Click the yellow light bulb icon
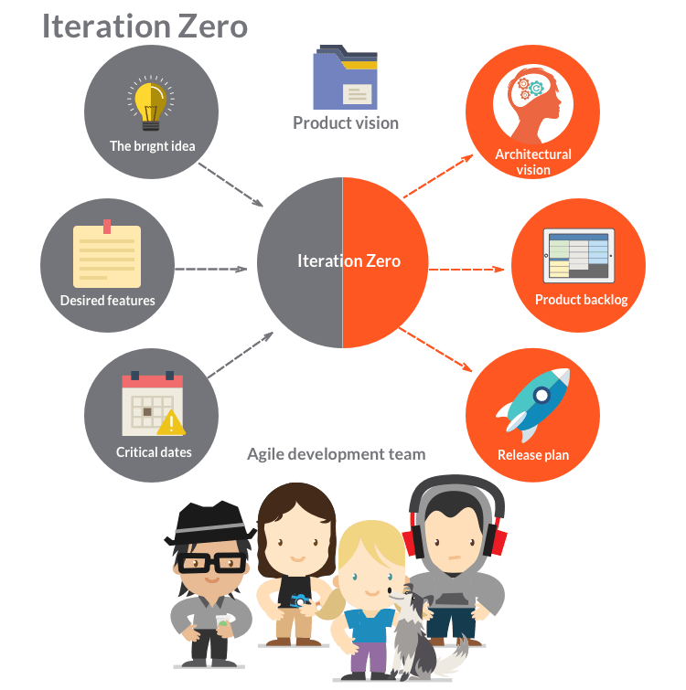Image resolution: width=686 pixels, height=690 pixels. point(151,104)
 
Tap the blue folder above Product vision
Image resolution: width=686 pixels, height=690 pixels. point(345,77)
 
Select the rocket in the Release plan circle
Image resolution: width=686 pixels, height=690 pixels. point(533,405)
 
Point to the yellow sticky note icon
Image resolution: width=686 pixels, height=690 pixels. point(107,254)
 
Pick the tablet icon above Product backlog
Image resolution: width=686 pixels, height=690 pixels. point(579,256)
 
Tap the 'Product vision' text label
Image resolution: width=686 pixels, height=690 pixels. point(346,123)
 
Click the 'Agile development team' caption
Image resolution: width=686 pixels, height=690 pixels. point(337,454)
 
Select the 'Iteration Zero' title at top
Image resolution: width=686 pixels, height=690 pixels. point(145,27)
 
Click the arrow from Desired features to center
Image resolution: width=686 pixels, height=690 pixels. point(211,269)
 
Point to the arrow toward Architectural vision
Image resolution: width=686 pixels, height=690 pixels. point(438,176)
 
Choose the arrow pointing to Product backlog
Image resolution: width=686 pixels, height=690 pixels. point(466,269)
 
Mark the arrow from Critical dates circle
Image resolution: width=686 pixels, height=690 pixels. point(241,355)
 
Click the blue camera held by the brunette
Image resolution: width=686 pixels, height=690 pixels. point(300,600)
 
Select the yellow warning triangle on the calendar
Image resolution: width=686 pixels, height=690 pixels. point(171,422)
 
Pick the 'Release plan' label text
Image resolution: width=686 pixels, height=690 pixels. point(533,455)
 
